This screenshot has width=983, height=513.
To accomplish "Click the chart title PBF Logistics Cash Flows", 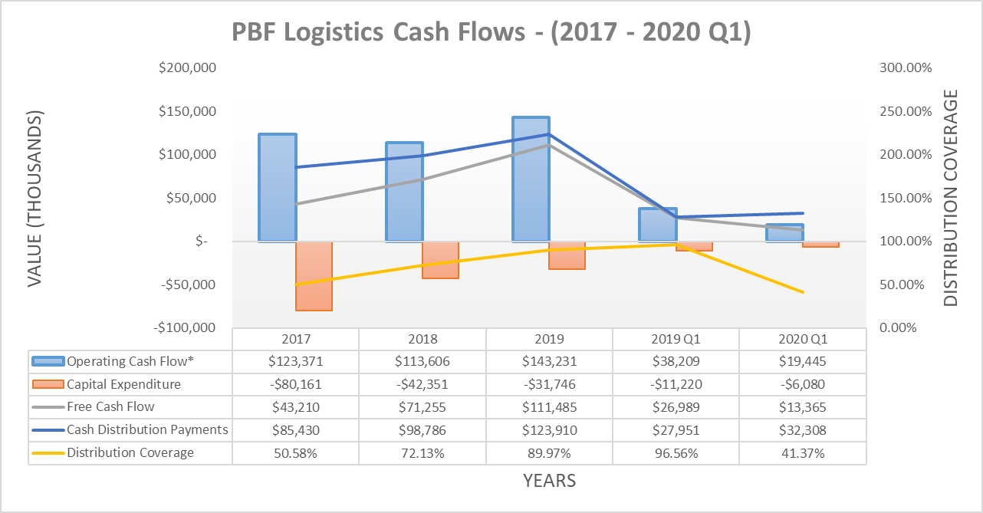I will click(491, 34).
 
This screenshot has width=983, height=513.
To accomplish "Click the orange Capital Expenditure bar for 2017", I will click(314, 275).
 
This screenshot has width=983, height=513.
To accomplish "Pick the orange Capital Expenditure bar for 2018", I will click(440, 259).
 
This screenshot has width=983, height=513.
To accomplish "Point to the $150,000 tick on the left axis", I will click(188, 111).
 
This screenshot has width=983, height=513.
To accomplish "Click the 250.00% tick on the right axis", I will click(906, 111).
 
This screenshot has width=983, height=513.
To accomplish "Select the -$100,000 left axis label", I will click(186, 327).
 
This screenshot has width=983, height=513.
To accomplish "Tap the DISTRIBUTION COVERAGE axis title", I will click(951, 198).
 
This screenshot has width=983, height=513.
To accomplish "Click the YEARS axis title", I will click(549, 482).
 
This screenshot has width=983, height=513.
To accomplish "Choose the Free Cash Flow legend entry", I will click(110, 406).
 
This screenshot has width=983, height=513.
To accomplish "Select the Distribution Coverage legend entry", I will click(130, 452).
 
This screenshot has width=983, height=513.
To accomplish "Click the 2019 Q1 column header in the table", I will click(676, 339).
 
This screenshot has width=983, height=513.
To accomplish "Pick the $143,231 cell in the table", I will click(549, 361).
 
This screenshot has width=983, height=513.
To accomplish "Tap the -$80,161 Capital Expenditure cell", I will click(296, 384).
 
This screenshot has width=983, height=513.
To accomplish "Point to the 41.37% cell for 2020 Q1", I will click(803, 453).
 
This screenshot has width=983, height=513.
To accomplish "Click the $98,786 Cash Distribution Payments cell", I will click(422, 429).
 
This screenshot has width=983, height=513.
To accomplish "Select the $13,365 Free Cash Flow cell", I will click(803, 406).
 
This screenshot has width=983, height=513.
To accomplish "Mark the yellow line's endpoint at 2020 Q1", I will click(803, 292).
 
